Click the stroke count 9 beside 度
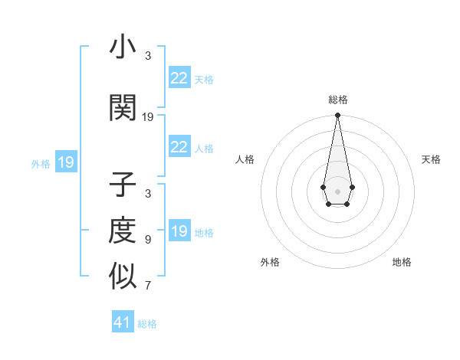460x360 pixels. pos(148,240)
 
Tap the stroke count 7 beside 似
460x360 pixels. pos(148,286)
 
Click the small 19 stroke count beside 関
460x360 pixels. pos(148,117)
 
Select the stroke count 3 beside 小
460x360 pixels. pos(148,56)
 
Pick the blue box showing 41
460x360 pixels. pos(123,322)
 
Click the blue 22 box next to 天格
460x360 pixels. pos(179,78)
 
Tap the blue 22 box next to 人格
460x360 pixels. pos(179,147)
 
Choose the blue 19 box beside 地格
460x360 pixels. pos(179,231)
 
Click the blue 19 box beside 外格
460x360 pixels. pos(65,162)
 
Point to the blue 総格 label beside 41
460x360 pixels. pos(147,324)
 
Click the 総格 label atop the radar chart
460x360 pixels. pos(337,100)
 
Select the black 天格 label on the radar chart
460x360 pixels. pos(431,159)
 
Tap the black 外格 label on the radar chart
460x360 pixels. pos(270,262)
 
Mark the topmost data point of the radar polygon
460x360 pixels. pos(337,116)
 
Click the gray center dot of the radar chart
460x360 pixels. pos(337,190)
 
